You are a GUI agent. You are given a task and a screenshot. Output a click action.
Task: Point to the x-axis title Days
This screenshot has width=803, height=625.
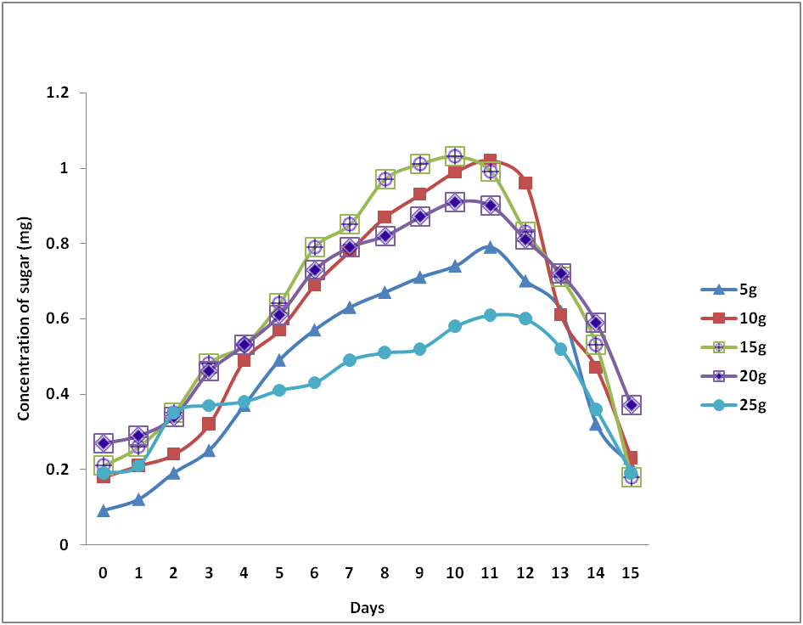click(367, 607)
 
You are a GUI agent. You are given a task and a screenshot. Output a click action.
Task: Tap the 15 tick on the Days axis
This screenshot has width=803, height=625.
click(630, 573)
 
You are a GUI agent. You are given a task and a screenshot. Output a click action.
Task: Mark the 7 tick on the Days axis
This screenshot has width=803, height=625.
click(349, 573)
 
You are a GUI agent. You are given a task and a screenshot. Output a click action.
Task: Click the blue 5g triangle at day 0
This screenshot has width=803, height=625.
click(104, 510)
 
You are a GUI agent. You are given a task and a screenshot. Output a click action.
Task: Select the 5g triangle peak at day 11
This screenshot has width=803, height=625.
click(490, 247)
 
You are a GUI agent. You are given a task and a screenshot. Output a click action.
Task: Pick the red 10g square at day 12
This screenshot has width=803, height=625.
click(525, 183)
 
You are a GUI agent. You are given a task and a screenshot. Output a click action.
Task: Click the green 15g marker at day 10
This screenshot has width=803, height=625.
click(455, 156)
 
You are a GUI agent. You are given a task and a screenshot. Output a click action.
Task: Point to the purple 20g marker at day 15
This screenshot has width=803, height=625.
click(631, 405)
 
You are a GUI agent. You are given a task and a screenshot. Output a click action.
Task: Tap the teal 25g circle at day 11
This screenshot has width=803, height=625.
click(490, 315)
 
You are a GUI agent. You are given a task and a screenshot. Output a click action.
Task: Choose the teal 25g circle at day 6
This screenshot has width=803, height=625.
click(314, 383)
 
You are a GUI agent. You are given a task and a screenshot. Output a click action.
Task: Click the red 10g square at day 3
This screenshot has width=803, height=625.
click(209, 424)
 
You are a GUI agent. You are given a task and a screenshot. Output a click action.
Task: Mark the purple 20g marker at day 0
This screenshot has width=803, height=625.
click(104, 443)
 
